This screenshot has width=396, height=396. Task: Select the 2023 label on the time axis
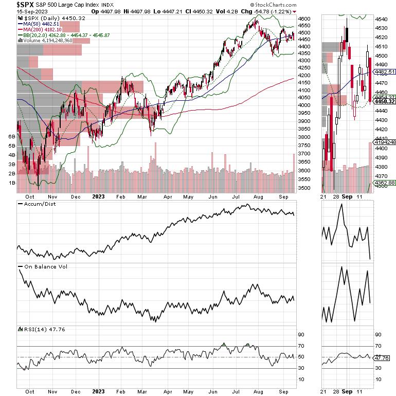coord(99,196)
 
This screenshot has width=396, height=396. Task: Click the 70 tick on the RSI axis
coord(302,346)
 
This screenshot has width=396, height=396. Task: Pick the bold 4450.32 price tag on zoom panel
coord(384,101)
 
